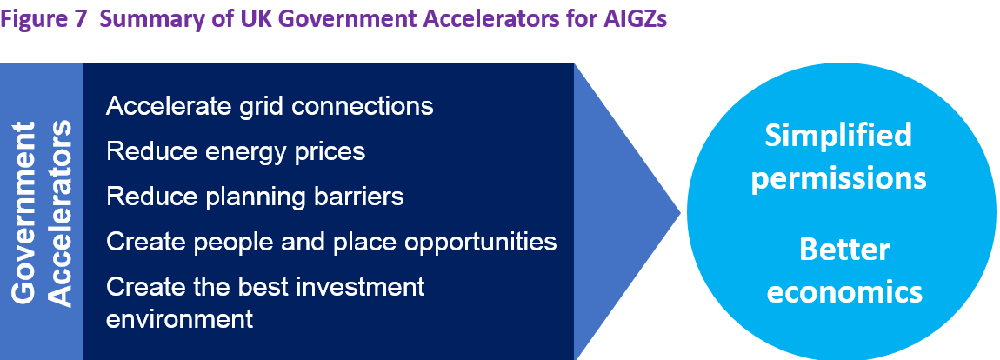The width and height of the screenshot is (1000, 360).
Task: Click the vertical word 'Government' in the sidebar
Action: [x=25, y=211]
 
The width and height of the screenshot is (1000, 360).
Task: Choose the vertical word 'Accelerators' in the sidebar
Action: [x=61, y=214]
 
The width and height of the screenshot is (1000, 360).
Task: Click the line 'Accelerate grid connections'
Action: [x=270, y=106]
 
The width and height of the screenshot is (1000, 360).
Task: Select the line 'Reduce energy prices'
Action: [x=236, y=152]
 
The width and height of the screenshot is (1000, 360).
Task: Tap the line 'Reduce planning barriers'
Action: [x=255, y=197]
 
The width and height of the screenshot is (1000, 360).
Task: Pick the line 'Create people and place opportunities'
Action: [x=331, y=242]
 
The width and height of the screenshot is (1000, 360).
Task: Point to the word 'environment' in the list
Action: [x=179, y=318]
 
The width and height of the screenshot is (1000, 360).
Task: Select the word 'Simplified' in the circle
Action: [x=838, y=137]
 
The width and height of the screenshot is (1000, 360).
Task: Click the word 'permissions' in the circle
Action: [x=838, y=179]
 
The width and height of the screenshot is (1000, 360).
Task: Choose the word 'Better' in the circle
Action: [x=844, y=249]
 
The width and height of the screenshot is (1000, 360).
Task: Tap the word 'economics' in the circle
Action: [x=844, y=291]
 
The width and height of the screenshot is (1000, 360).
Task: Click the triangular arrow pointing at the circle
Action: [x=612, y=211]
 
